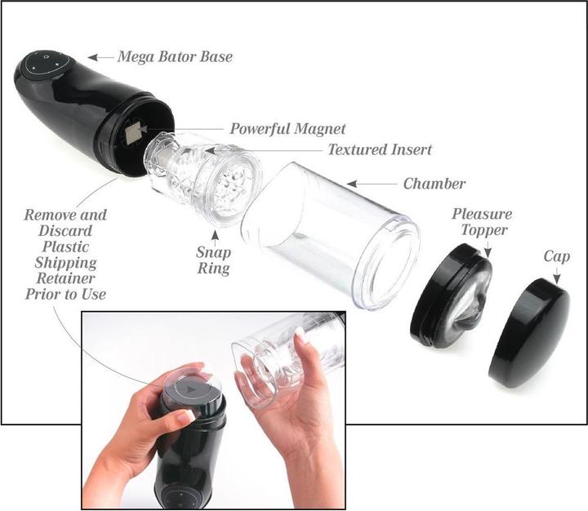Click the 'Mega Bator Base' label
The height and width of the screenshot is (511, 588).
[x=175, y=57]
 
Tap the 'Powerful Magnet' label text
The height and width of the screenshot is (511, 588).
[x=287, y=129]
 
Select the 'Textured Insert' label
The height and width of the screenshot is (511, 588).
[x=380, y=149]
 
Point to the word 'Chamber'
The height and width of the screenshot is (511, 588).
[x=434, y=184]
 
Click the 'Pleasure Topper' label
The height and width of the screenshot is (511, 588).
[x=483, y=222]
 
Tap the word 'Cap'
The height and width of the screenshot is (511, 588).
[x=556, y=257]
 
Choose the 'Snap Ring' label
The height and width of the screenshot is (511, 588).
[x=213, y=260]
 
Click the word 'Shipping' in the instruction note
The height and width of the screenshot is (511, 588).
[x=65, y=263]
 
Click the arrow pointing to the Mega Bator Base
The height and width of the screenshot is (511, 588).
[x=100, y=57]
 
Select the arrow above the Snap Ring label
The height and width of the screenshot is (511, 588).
[x=215, y=235]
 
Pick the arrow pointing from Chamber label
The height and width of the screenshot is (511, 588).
[x=372, y=184]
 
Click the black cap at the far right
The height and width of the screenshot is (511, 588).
[x=528, y=334]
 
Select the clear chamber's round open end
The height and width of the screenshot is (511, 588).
[x=386, y=264]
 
